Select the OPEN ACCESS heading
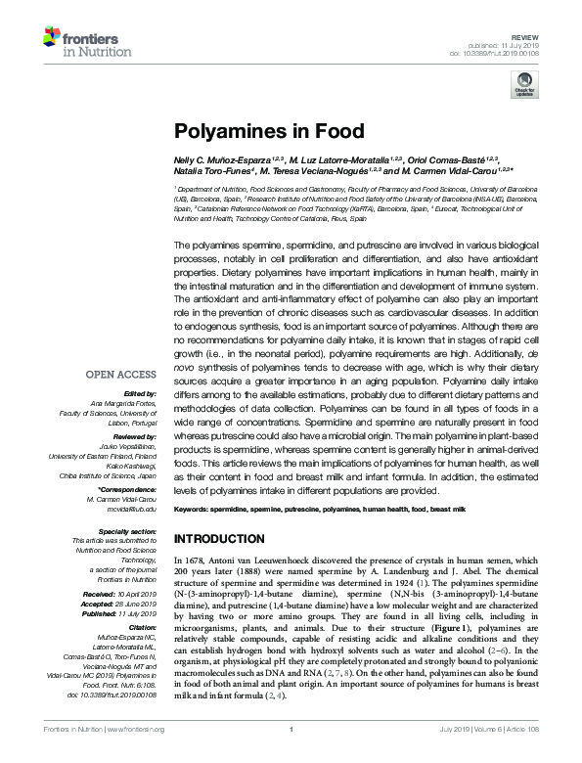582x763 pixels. [120, 375]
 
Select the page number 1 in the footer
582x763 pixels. [291, 756]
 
